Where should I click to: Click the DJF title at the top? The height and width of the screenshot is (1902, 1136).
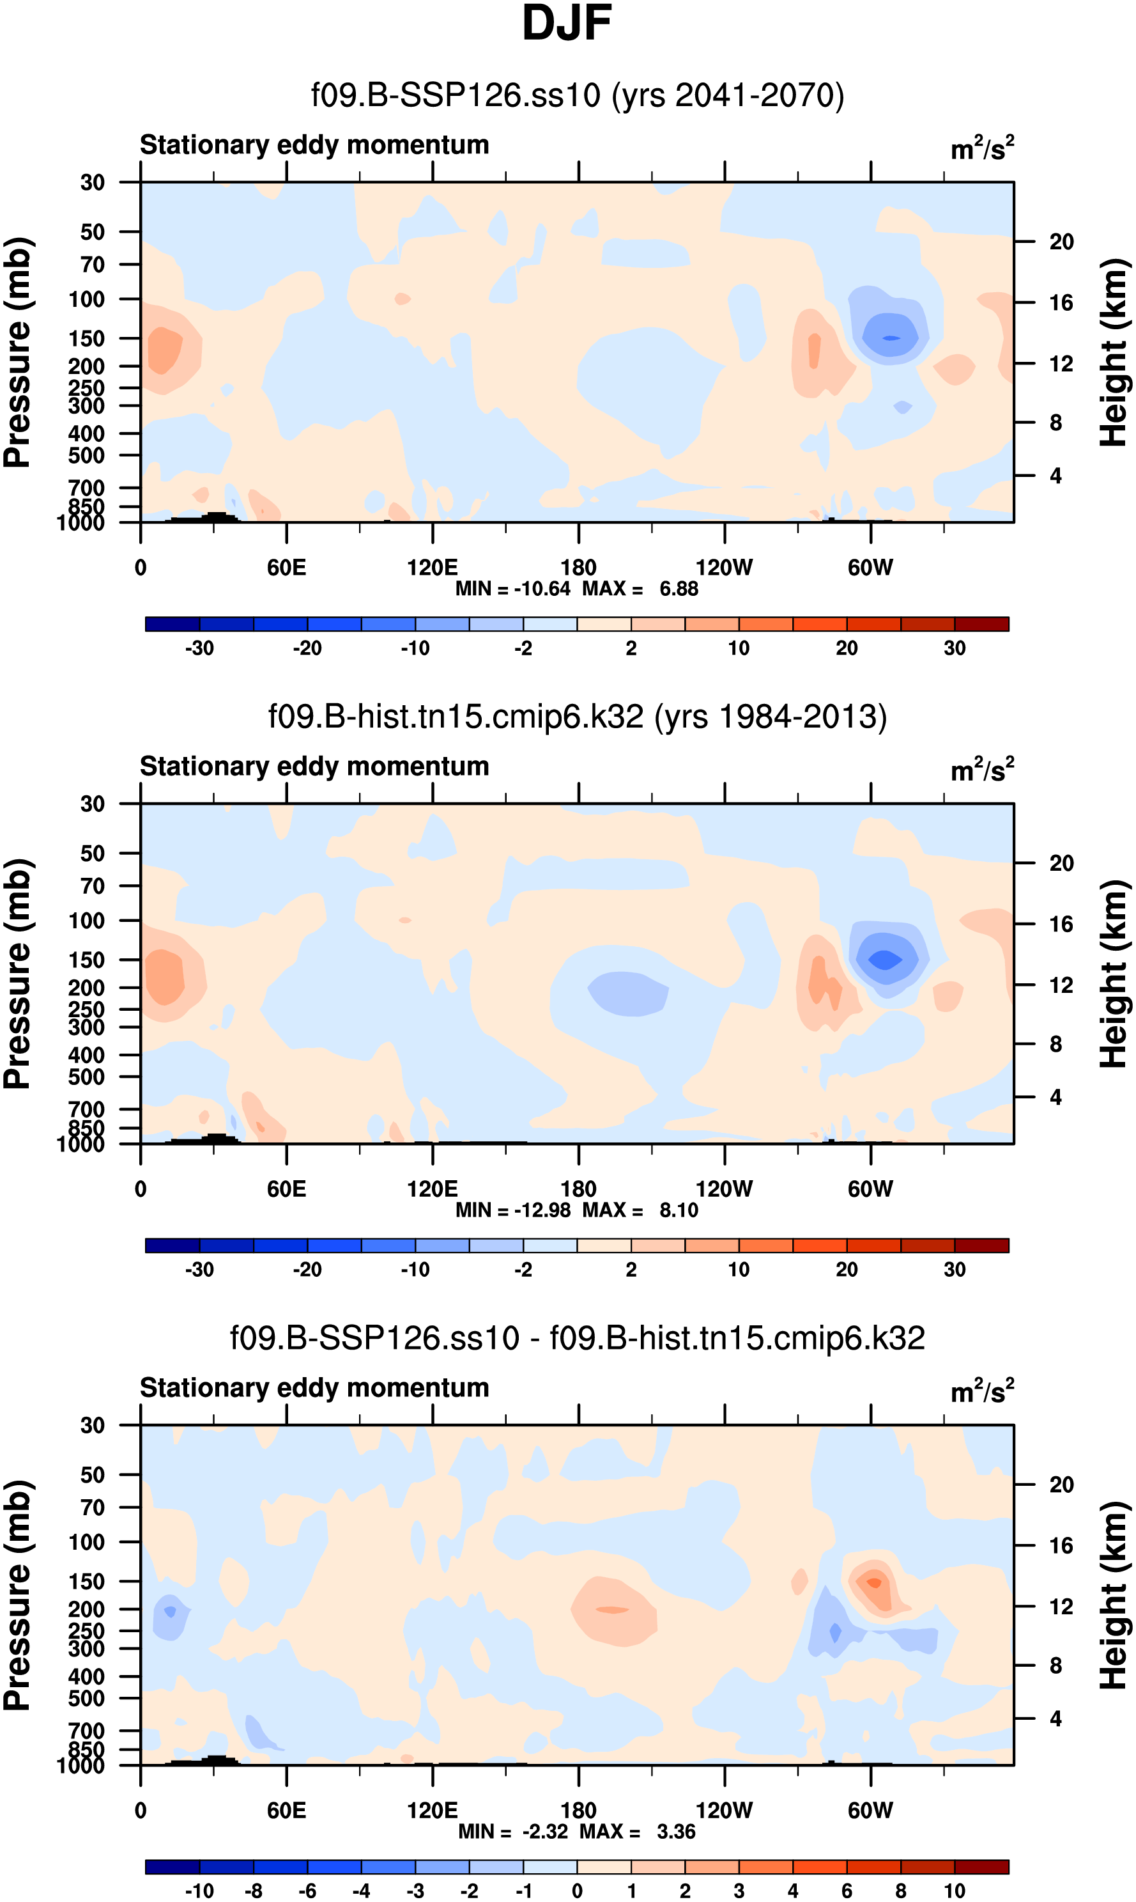click(x=567, y=23)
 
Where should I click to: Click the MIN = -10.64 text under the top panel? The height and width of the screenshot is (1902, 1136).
click(x=512, y=589)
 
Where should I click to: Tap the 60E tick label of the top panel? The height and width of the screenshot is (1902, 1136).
click(x=286, y=568)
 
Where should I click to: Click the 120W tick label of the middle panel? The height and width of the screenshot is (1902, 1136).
click(x=724, y=1189)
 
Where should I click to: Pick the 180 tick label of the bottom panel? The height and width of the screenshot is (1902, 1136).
click(x=578, y=1810)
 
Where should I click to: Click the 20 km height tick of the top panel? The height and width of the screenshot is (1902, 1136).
click(x=1061, y=242)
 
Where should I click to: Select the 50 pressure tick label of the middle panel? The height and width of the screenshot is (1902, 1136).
click(x=92, y=854)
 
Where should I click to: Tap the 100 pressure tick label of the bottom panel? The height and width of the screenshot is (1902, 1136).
click(x=86, y=1542)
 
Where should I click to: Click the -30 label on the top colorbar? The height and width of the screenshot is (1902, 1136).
click(x=199, y=648)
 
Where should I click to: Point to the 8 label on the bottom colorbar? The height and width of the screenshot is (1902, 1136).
click(x=900, y=1890)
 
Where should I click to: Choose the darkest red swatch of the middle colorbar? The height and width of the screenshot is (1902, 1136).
click(x=981, y=1245)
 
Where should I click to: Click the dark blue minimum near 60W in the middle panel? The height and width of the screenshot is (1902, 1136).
click(x=885, y=960)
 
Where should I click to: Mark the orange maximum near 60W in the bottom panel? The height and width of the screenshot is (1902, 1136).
click(x=873, y=1582)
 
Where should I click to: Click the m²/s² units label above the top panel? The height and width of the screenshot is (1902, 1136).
click(x=982, y=148)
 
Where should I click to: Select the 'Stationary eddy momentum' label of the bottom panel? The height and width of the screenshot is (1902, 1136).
click(x=314, y=1387)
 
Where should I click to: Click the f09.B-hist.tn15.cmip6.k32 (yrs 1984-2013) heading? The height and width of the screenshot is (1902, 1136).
click(x=577, y=717)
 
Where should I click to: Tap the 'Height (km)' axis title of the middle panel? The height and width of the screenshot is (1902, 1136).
click(x=1113, y=974)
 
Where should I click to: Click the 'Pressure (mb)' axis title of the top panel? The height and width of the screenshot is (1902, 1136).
click(x=19, y=352)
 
